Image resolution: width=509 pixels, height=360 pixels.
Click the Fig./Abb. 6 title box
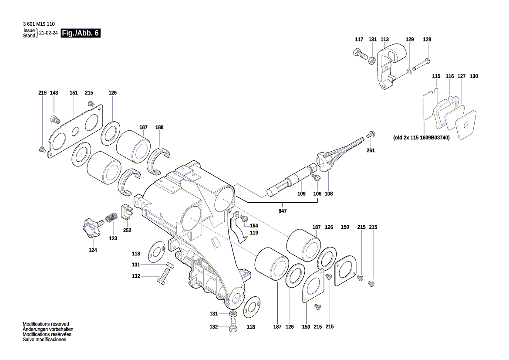(81, 33)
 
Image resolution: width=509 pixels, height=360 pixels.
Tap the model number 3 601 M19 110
(38, 24)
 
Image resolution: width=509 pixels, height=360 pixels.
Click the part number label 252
(127, 230)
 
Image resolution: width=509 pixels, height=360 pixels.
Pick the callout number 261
(371, 150)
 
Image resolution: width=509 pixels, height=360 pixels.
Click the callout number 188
(159, 127)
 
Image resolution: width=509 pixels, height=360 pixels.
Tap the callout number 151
(74, 93)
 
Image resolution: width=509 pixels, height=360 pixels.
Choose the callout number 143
(54, 93)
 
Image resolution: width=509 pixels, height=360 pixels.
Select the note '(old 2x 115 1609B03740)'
(421, 137)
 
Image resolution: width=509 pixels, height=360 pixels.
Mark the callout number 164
(254, 225)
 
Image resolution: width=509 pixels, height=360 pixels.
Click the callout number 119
(254, 233)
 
